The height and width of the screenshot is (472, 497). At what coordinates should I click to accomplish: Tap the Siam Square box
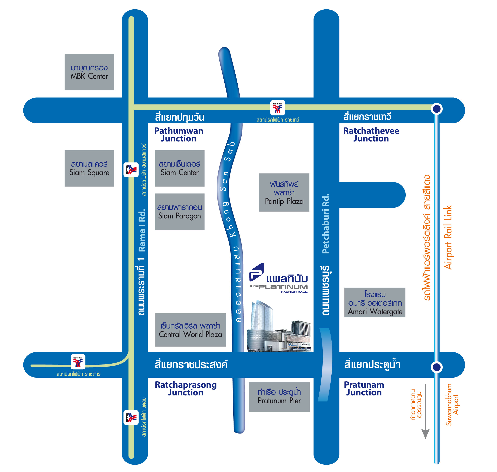click(x=89, y=168)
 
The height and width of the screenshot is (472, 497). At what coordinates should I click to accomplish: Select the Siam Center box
click(x=179, y=168)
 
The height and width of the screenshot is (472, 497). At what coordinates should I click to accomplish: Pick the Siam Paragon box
click(x=179, y=212)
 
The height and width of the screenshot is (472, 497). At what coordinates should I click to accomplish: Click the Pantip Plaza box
click(x=284, y=192)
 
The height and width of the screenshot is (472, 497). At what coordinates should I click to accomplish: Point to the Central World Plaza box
click(x=190, y=330)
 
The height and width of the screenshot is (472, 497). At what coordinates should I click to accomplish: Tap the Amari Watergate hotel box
click(x=375, y=302)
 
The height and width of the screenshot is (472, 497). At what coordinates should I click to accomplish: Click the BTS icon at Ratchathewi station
click(x=277, y=108)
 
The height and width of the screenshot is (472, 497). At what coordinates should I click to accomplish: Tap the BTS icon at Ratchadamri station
click(x=78, y=362)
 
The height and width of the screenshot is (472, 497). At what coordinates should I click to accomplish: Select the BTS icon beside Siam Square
click(x=131, y=170)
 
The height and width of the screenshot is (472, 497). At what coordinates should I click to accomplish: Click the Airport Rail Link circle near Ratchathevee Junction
click(x=437, y=109)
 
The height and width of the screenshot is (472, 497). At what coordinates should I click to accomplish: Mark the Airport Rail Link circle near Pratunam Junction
click(x=437, y=367)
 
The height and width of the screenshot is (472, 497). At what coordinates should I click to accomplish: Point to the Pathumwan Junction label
click(x=179, y=135)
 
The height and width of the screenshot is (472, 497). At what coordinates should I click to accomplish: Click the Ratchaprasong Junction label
click(x=186, y=389)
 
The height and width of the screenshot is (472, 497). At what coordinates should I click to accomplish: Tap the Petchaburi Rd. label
click(x=326, y=223)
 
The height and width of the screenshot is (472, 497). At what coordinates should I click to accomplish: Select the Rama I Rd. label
click(x=142, y=230)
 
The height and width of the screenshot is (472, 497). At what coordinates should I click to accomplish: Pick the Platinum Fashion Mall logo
click(x=279, y=278)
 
